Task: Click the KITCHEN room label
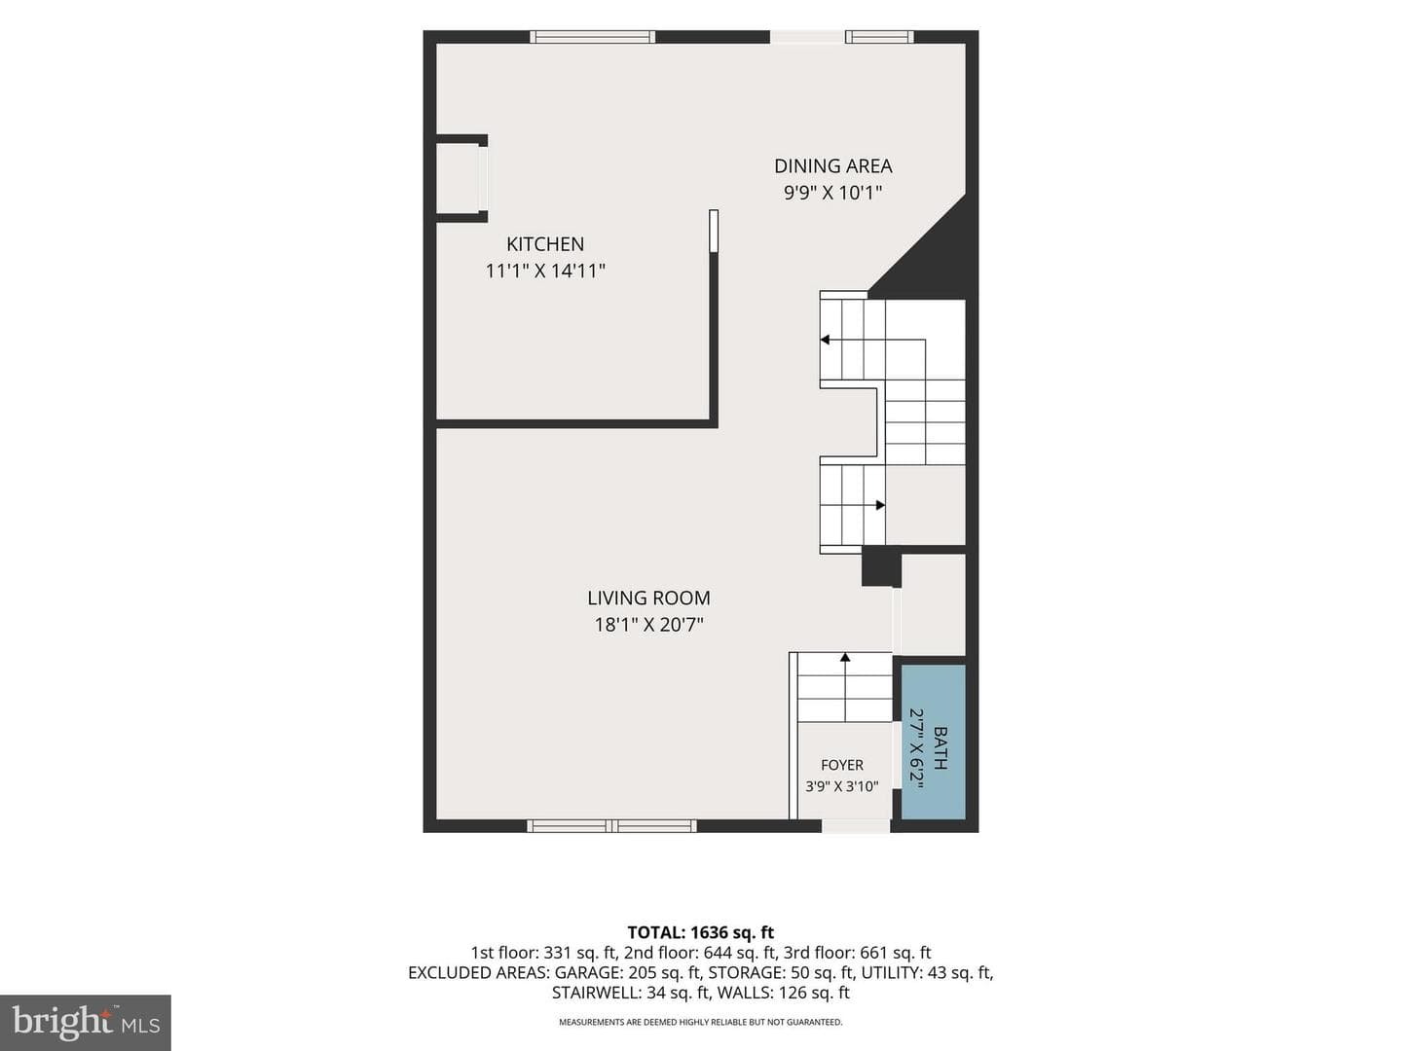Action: pos(545,243)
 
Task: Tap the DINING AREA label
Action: pos(832,165)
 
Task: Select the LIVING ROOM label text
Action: pos(648,598)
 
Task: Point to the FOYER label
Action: pos(842,765)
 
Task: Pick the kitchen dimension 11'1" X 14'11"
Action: pos(545,272)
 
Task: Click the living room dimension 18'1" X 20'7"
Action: pos(648,625)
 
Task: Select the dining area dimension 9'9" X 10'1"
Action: pos(832,193)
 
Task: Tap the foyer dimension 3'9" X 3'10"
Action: pos(842,787)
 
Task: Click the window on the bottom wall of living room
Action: pos(611,826)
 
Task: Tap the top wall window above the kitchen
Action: pos(593,37)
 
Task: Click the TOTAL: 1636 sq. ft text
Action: pos(701,932)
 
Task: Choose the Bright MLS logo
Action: pos(86,1022)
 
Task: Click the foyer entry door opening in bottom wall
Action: pos(856,826)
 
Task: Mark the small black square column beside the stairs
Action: pos(881,565)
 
